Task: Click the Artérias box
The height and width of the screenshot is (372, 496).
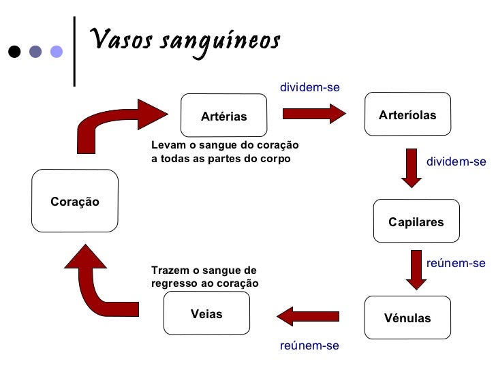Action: coord(223,116)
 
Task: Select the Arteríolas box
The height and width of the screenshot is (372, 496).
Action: coord(407,114)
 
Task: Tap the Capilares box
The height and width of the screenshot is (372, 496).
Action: coord(416,221)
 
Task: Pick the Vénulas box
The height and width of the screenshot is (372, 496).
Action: coord(407,317)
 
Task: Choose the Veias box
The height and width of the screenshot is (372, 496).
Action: coord(206,314)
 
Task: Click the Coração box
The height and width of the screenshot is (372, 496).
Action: coord(75,201)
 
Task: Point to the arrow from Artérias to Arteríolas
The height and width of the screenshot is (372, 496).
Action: coord(314,112)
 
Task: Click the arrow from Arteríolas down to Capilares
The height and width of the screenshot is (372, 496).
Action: coord(412,168)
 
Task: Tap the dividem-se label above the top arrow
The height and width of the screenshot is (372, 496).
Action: coord(310,88)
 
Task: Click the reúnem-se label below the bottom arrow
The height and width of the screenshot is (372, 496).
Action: coord(309,345)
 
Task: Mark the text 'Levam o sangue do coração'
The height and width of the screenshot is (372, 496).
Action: coord(225,146)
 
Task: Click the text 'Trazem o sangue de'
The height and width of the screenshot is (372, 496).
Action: coord(204,270)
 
